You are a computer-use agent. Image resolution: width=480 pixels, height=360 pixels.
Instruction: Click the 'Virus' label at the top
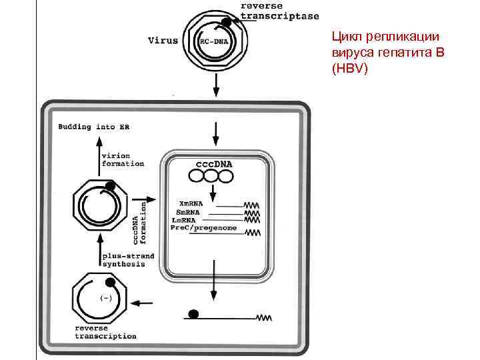(163, 40)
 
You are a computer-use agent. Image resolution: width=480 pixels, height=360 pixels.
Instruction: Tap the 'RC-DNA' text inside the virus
(212, 41)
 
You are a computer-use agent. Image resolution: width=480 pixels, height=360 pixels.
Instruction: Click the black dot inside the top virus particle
(227, 23)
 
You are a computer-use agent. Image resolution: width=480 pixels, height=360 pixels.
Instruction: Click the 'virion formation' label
(122, 158)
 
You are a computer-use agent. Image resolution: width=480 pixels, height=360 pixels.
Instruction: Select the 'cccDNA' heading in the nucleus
(215, 163)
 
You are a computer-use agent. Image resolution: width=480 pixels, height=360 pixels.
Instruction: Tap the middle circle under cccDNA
(212, 177)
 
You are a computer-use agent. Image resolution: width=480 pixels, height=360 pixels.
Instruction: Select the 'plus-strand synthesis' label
(127, 260)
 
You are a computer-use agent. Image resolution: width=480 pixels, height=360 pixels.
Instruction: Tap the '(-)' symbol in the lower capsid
(104, 297)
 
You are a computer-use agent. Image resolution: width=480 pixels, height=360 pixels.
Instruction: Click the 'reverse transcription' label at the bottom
(105, 332)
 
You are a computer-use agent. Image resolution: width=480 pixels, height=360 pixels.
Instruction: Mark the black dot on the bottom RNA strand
(194, 313)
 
